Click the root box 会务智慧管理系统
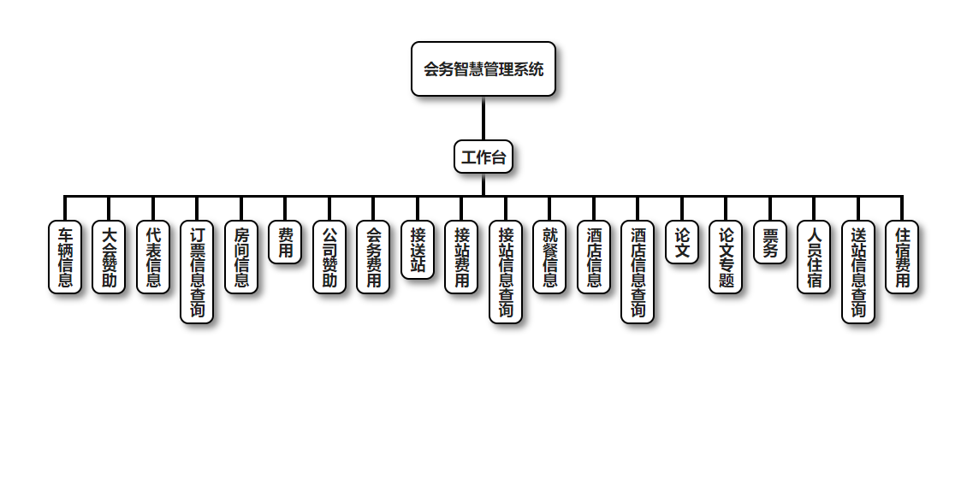(x=483, y=69)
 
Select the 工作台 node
(x=483, y=157)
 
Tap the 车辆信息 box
(x=65, y=257)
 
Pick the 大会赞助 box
(x=110, y=257)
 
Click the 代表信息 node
(x=153, y=257)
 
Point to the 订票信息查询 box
(x=197, y=272)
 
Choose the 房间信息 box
(x=241, y=257)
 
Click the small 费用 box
(x=285, y=242)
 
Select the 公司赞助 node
(x=329, y=257)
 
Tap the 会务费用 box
(x=373, y=257)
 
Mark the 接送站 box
(x=418, y=250)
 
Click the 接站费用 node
(x=461, y=257)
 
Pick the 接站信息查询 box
(x=506, y=272)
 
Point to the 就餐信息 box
(x=549, y=257)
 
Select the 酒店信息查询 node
(x=638, y=272)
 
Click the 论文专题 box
(x=726, y=257)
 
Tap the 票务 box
(x=770, y=242)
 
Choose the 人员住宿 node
(x=814, y=257)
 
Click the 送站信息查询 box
(x=858, y=272)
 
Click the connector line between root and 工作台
(x=483, y=118)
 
